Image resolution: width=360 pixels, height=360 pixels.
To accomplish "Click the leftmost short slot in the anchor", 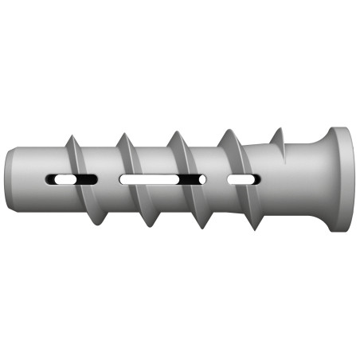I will tap(72, 179).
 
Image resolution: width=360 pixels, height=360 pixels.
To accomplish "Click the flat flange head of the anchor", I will tap(340, 178).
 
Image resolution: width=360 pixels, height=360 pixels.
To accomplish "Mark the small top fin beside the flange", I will tap(278, 135).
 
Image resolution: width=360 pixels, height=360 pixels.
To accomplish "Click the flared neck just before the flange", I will tap(307, 178).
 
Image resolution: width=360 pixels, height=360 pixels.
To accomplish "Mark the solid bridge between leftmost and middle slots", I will tap(108, 179).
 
